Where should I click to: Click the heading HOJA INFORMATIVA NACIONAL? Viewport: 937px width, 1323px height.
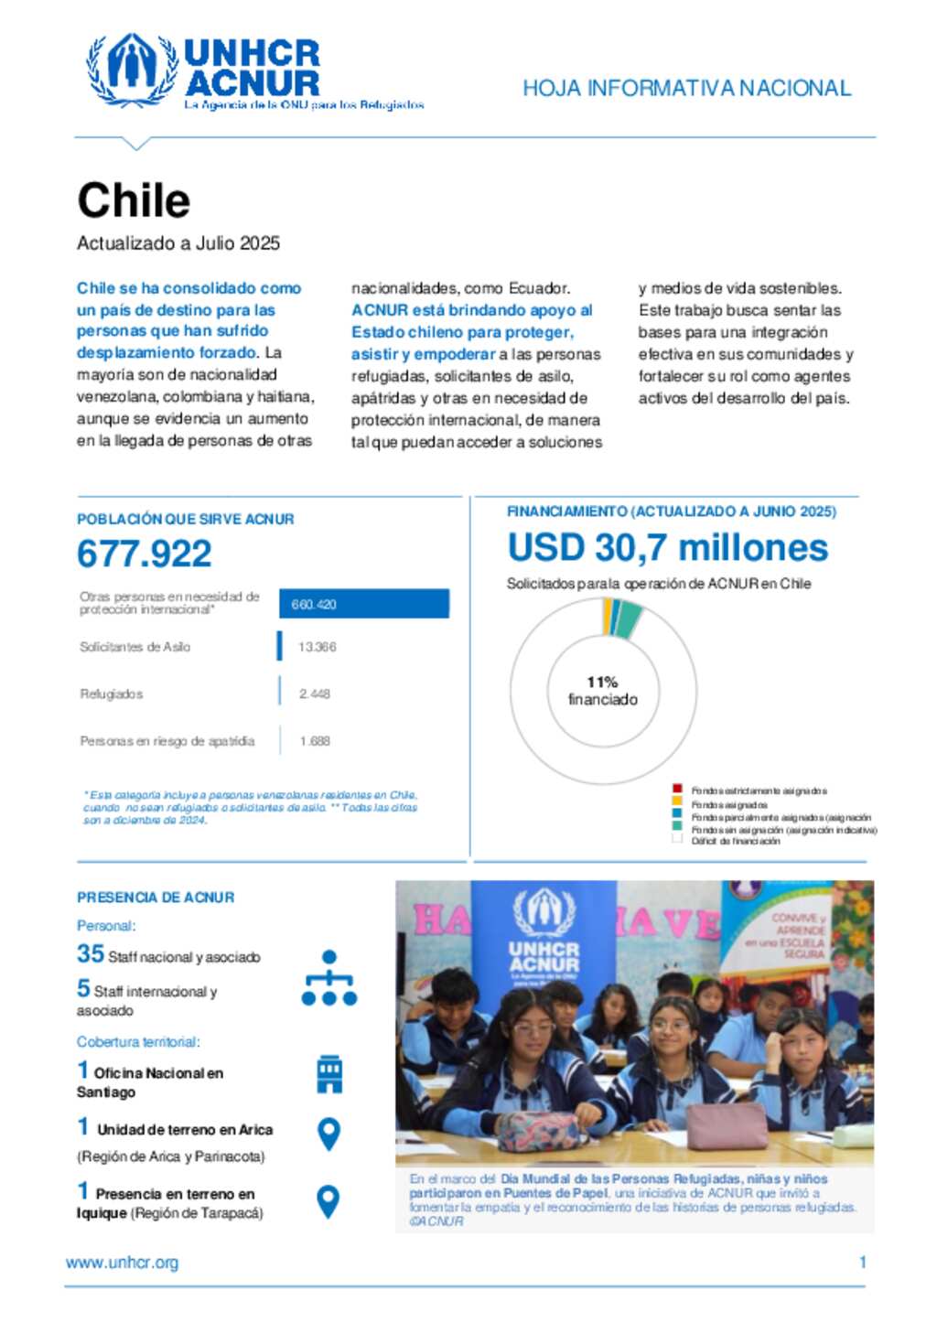click(686, 88)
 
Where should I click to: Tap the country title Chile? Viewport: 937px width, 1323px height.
click(134, 200)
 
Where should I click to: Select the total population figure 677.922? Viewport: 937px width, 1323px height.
click(145, 554)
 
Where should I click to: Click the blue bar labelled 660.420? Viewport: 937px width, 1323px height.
click(363, 604)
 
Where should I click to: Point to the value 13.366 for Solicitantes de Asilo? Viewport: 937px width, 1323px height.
click(317, 647)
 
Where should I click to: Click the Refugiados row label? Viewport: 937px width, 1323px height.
click(111, 694)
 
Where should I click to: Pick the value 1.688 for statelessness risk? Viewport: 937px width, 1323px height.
click(315, 741)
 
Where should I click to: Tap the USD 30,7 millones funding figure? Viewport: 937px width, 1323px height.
click(667, 548)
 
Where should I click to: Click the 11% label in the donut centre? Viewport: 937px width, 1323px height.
click(602, 683)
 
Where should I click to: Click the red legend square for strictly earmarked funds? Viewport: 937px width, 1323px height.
click(677, 789)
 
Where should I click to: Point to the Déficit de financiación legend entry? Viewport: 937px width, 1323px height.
click(735, 841)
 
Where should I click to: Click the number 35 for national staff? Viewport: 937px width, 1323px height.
click(90, 953)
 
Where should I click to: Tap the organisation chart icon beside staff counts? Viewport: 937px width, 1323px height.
click(328, 977)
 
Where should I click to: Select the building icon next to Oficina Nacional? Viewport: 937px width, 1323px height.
click(328, 1074)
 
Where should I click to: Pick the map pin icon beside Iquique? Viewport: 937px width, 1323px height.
click(328, 1200)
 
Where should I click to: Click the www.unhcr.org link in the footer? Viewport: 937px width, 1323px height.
click(122, 1263)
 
